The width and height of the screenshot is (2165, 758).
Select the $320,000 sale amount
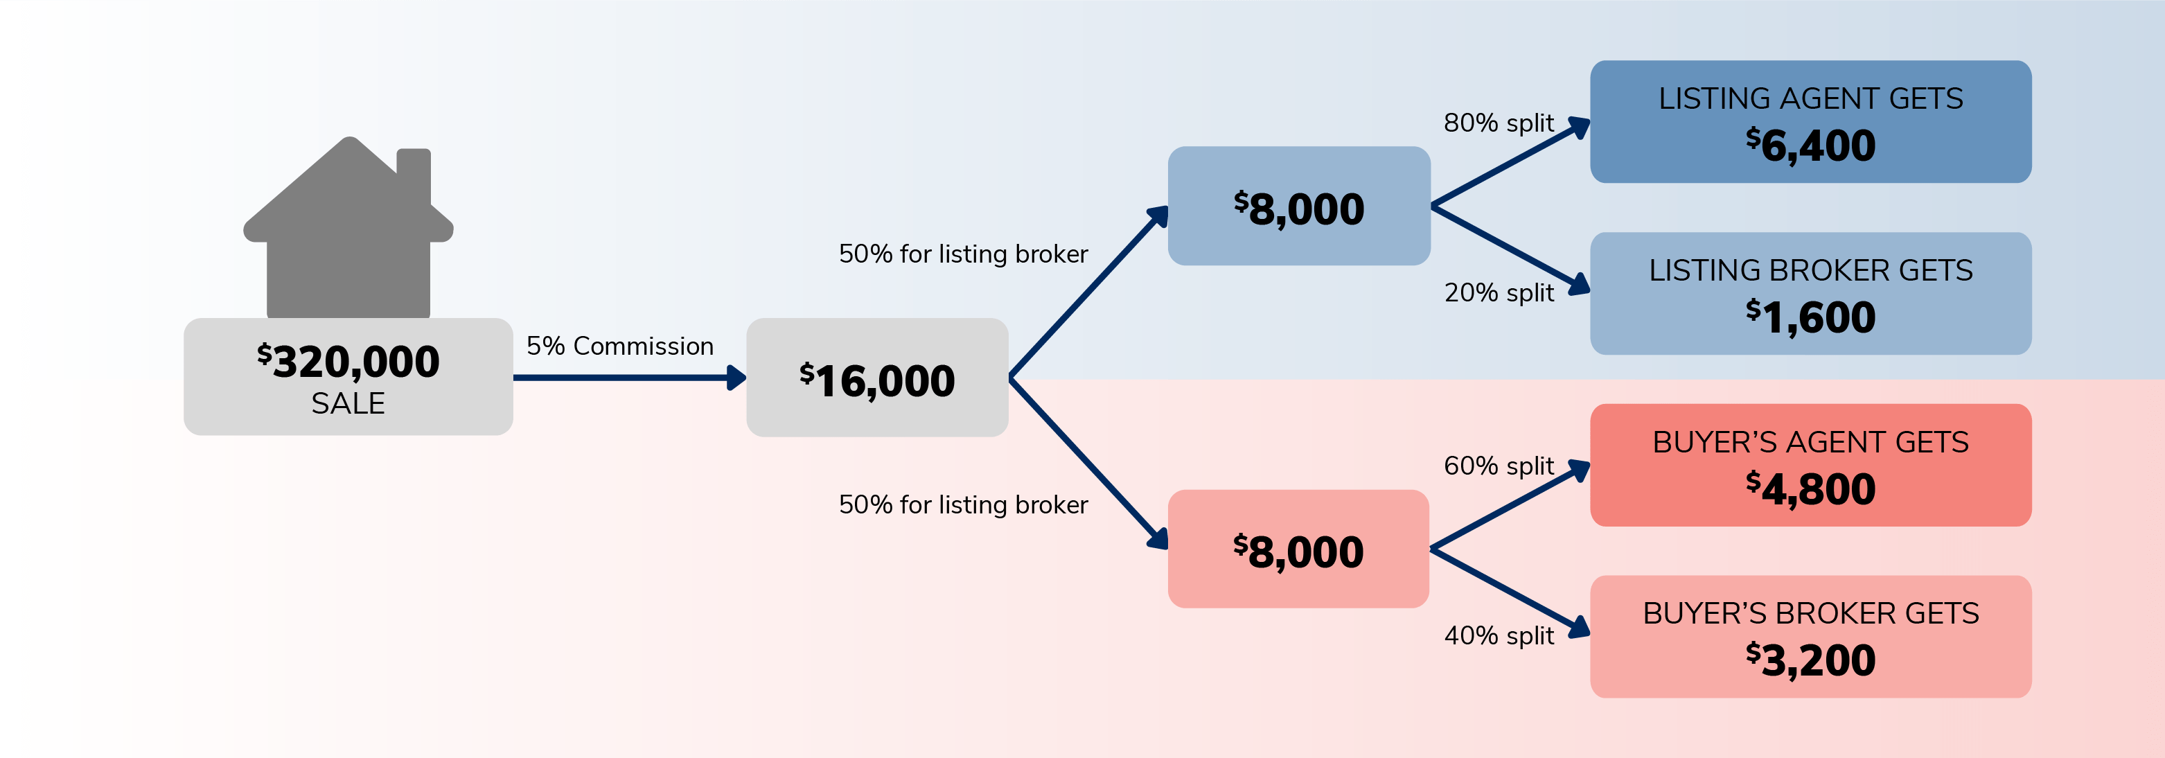[x=348, y=362]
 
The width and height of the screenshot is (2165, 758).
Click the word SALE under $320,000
[x=348, y=404]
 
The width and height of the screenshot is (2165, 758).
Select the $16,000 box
[x=876, y=378]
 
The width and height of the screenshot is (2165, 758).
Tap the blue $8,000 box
[x=1298, y=206]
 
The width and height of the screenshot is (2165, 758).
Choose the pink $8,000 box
[x=1298, y=549]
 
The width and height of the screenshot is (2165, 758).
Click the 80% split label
[x=1499, y=123]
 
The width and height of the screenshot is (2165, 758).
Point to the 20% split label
[x=1499, y=292]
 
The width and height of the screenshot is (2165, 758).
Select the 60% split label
[x=1499, y=466]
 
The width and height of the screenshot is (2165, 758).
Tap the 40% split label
[x=1499, y=635]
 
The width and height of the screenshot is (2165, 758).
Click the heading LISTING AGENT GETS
[x=1810, y=98]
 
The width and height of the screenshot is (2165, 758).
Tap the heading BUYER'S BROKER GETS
[x=1810, y=613]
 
